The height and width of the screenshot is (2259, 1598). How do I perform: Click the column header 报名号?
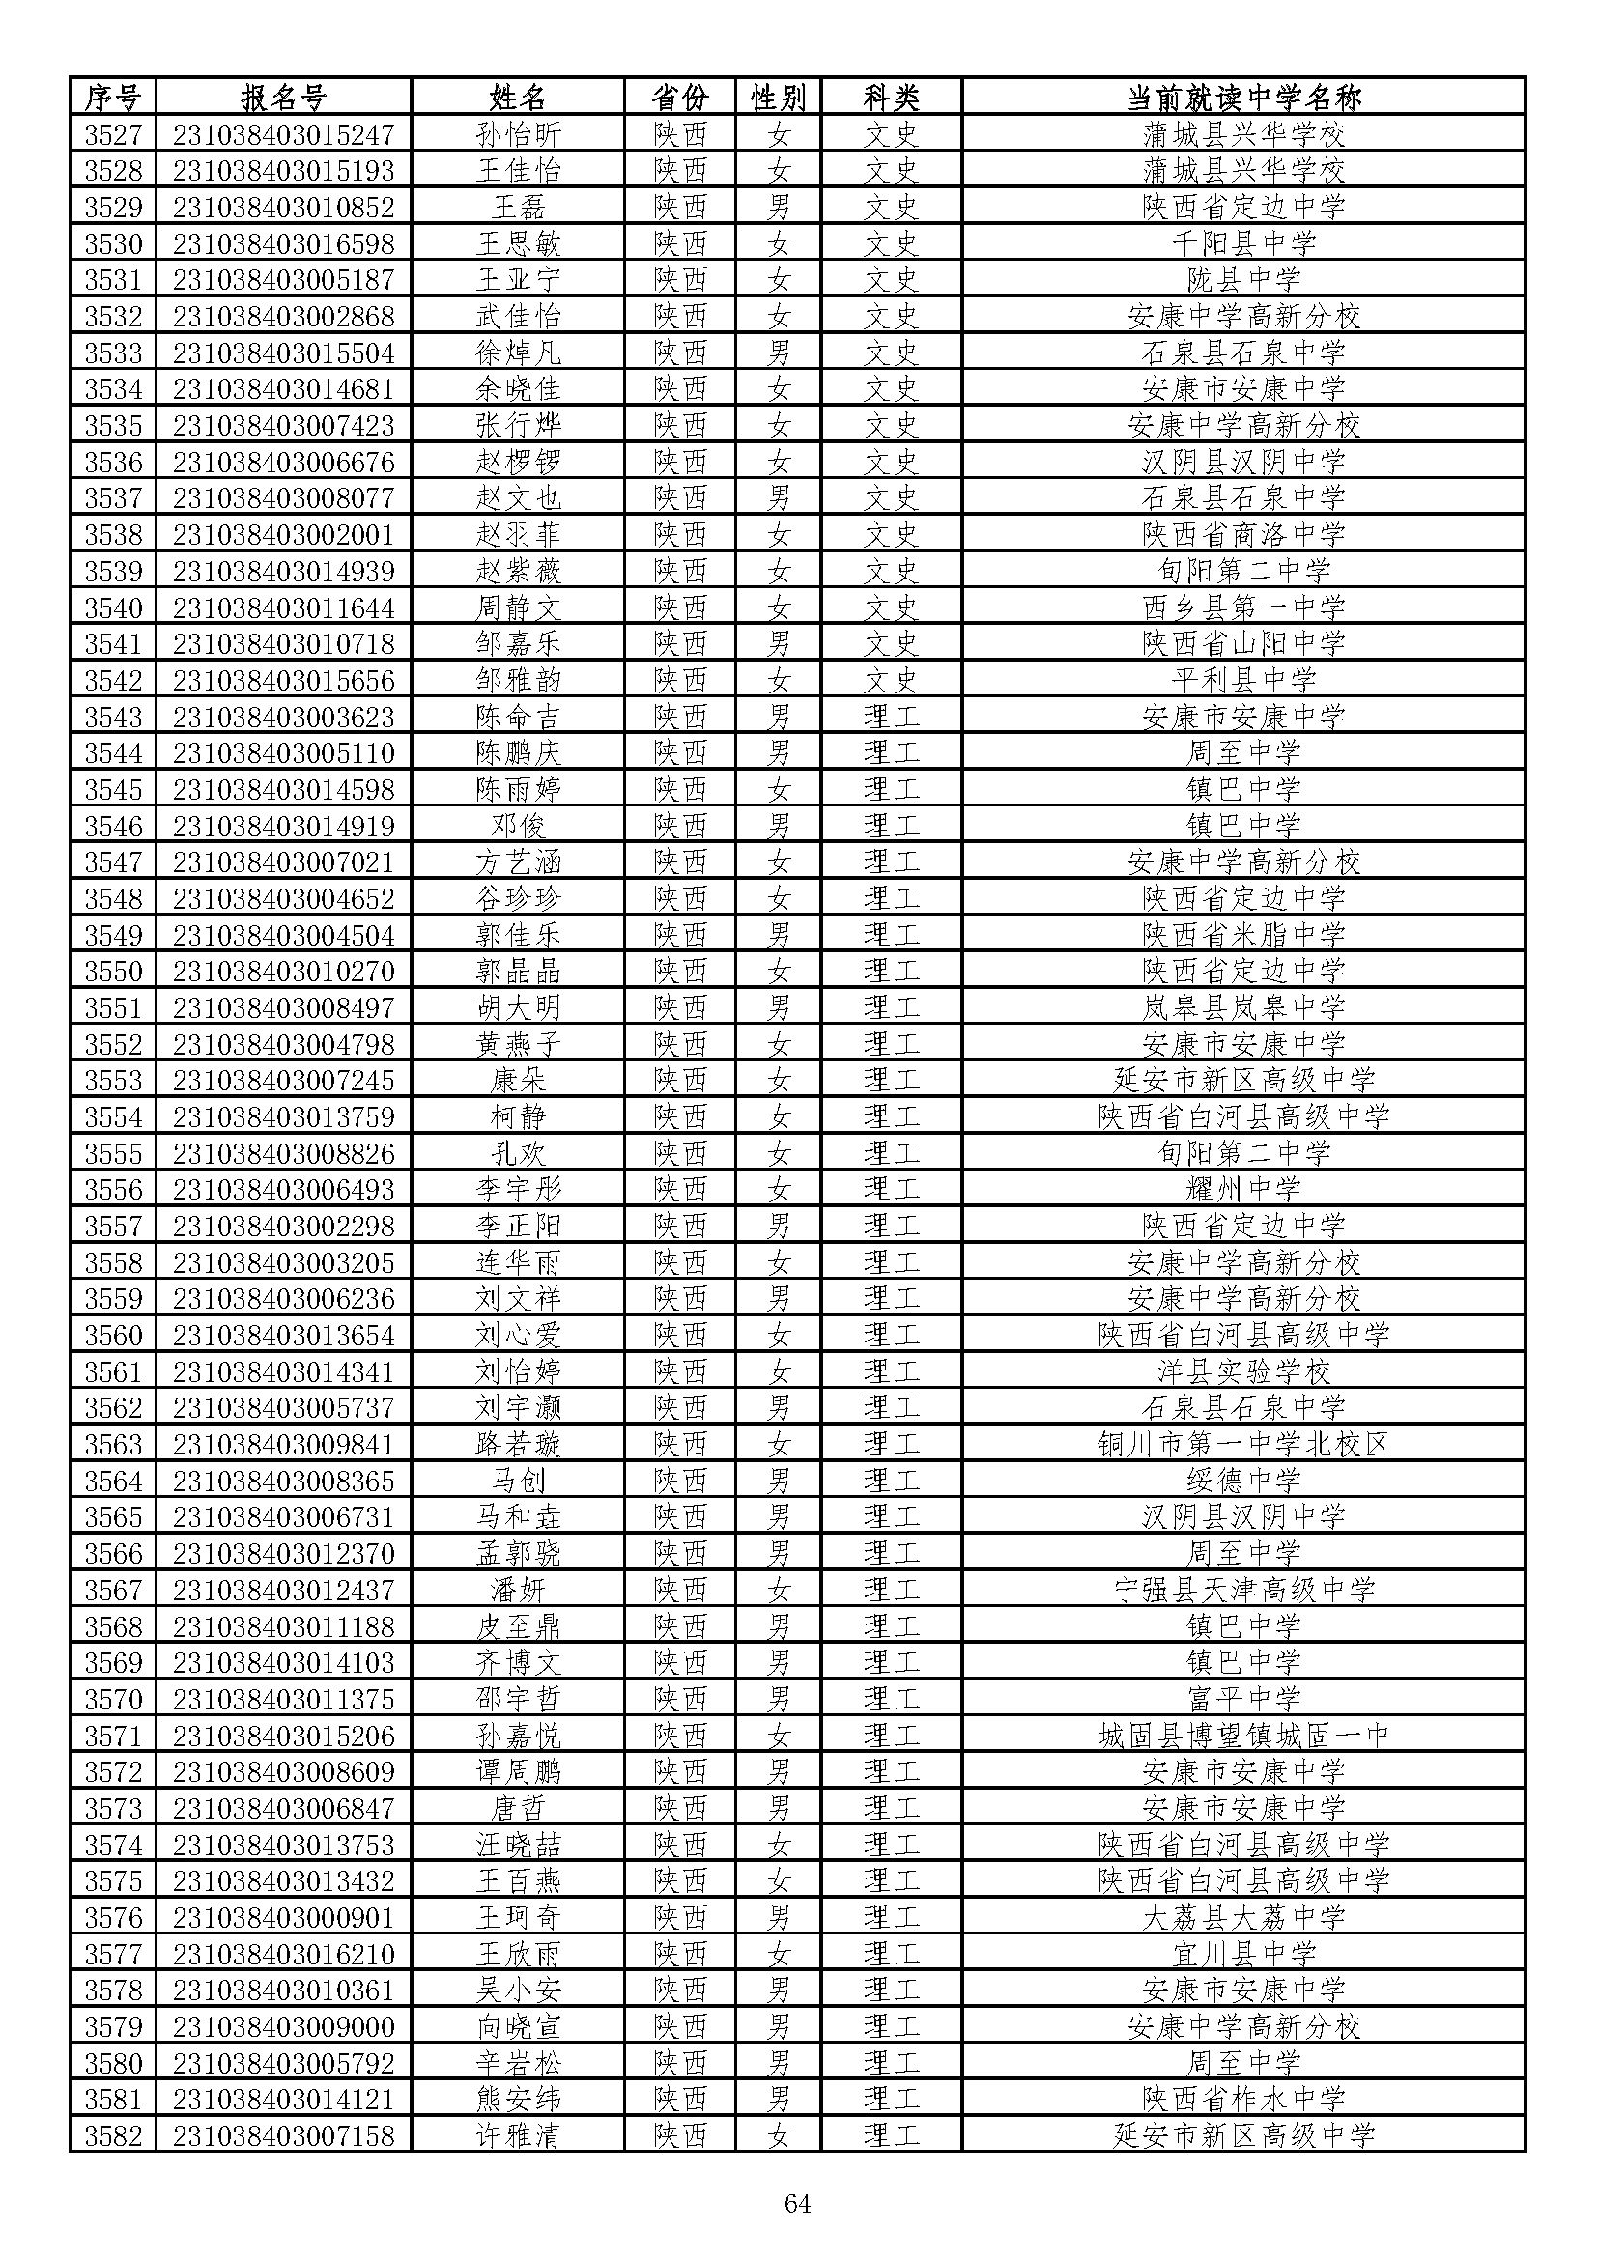pyautogui.click(x=282, y=98)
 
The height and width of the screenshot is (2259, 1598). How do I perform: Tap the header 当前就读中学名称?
pyautogui.click(x=1242, y=98)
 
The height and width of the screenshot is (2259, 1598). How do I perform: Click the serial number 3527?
pyautogui.click(x=113, y=134)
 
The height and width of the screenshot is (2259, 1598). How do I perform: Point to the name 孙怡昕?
pyautogui.click(x=518, y=134)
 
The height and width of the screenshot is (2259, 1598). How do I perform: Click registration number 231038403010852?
pyautogui.click(x=283, y=207)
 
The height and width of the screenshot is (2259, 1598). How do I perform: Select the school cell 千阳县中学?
pyautogui.click(x=1242, y=243)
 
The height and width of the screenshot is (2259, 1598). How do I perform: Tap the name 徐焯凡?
pyautogui.click(x=518, y=353)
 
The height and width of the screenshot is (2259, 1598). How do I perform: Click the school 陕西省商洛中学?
pyautogui.click(x=1242, y=534)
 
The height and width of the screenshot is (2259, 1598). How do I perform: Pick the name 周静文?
pyautogui.click(x=518, y=607)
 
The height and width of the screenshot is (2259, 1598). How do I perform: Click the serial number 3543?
pyautogui.click(x=113, y=717)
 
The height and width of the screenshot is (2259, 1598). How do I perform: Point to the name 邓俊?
pyautogui.click(x=518, y=826)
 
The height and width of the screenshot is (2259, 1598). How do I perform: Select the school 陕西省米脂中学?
pyautogui.click(x=1242, y=935)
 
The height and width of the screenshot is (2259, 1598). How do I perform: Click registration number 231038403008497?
pyautogui.click(x=283, y=1007)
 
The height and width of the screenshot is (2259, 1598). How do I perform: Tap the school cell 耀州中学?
pyautogui.click(x=1242, y=1189)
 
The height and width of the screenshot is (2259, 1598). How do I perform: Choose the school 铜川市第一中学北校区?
pyautogui.click(x=1242, y=1443)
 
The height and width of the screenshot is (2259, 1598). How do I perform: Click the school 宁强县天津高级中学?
pyautogui.click(x=1242, y=1589)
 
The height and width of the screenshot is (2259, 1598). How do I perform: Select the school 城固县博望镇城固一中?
pyautogui.click(x=1242, y=1735)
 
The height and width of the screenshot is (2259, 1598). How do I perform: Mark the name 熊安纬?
pyautogui.click(x=518, y=2099)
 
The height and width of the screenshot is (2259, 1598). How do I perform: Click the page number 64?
pyautogui.click(x=797, y=2203)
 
